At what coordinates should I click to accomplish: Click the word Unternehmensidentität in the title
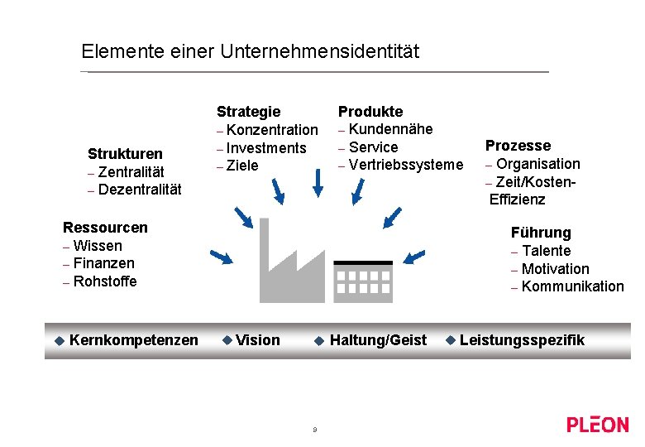point(320,51)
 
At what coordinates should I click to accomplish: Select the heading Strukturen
point(125,153)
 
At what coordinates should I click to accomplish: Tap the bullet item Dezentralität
point(139,190)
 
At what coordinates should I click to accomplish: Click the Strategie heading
point(248,111)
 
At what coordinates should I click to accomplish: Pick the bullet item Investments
point(265,147)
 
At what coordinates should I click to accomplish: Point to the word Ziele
point(242,166)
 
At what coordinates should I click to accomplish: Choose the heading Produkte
point(370,111)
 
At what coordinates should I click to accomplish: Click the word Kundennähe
point(390,129)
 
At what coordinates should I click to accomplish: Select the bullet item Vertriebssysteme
point(406,165)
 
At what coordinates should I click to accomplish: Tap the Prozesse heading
point(518,146)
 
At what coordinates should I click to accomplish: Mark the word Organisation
point(538,164)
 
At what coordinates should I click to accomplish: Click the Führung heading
point(541,233)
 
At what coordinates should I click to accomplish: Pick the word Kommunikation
point(573,286)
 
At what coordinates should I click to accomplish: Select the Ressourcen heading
point(105,227)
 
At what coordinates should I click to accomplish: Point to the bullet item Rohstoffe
point(105,281)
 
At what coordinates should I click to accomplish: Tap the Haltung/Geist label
point(378,340)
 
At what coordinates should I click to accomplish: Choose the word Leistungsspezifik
point(522,340)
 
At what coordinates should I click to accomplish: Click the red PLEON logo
point(597,425)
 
